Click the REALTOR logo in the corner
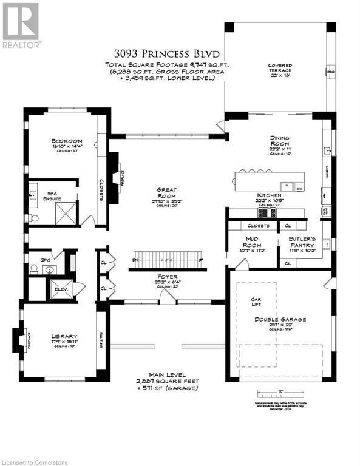(x=21, y=25)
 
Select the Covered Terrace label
(x=280, y=69)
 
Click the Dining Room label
(x=280, y=142)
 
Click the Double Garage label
(x=280, y=319)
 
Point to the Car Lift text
(x=260, y=302)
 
